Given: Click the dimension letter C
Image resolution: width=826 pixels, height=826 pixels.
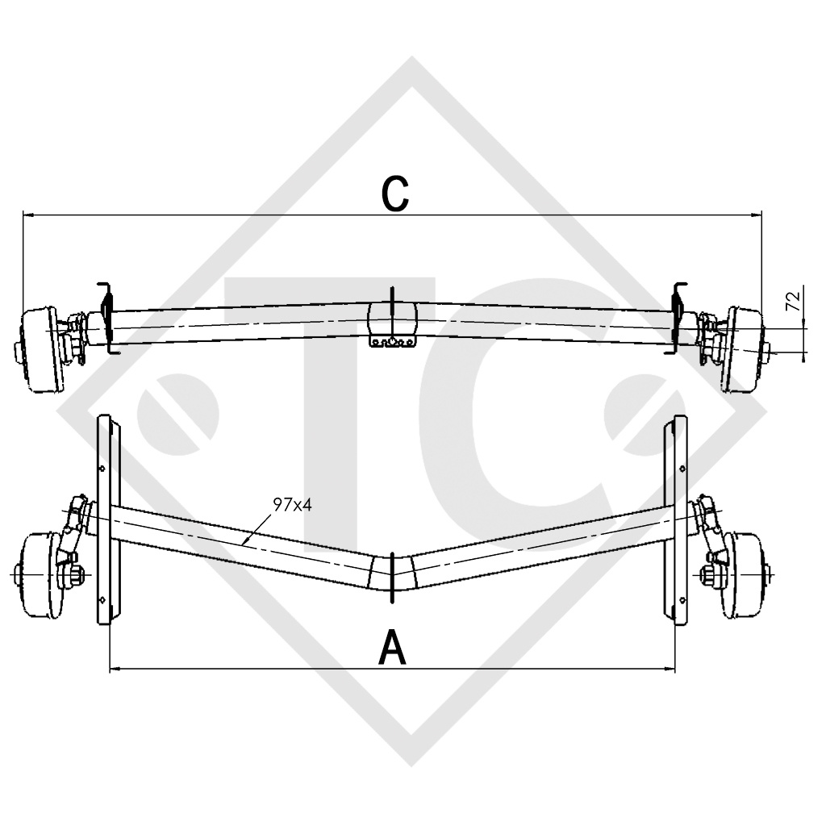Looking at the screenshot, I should (394, 194).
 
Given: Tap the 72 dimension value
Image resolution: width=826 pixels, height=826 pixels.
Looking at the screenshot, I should (791, 302).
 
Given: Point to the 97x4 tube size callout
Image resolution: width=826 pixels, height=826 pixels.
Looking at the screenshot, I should (292, 506).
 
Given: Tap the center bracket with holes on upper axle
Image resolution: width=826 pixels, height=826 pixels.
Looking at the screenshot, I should (392, 342).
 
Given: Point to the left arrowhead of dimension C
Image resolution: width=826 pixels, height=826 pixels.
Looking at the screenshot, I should (27, 215).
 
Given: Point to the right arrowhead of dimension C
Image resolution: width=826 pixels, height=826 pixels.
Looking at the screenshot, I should (757, 215).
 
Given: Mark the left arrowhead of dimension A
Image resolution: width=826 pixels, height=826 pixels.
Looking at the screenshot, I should (114, 669).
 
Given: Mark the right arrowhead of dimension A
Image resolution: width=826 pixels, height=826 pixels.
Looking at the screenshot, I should (670, 669).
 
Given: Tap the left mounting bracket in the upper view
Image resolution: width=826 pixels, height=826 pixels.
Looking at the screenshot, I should (106, 319).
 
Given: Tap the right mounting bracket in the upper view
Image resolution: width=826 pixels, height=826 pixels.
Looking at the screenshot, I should (678, 319).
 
